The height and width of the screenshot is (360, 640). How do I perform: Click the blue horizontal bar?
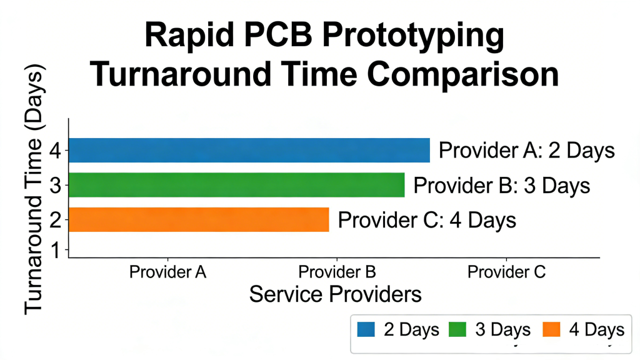click(249, 151)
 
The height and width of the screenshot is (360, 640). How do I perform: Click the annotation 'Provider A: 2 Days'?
click(527, 151)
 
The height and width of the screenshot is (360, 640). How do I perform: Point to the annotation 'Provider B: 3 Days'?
click(502, 186)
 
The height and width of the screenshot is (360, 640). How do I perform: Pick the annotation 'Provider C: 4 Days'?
click(427, 220)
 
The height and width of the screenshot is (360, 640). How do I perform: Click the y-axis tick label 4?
click(56, 151)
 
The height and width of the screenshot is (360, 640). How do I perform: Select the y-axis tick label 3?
click(56, 186)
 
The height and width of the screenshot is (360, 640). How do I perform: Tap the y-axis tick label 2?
click(56, 220)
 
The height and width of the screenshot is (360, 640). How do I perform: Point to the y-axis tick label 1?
click(56, 251)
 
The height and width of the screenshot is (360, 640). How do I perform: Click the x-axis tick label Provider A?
click(167, 272)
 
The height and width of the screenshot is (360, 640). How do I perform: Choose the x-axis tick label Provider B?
click(337, 272)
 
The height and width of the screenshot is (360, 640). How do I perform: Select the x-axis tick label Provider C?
click(506, 272)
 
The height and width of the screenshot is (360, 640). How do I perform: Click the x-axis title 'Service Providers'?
click(335, 293)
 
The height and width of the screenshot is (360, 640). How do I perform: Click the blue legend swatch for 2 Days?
click(366, 329)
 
